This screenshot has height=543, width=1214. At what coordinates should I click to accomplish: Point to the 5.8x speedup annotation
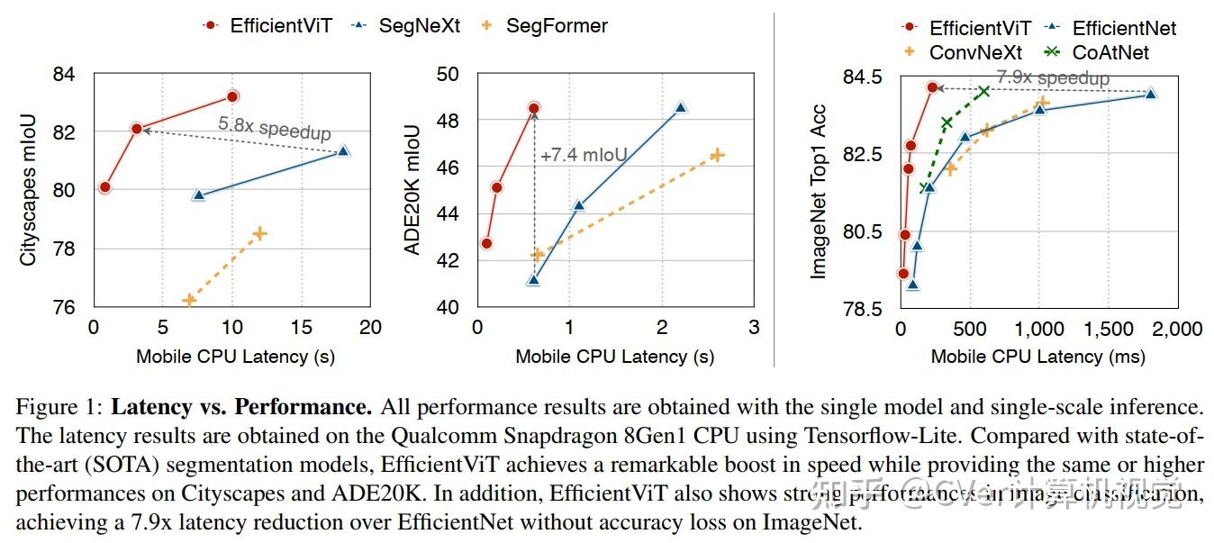tap(274, 127)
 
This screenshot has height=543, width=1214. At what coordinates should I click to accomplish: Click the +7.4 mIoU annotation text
tap(583, 156)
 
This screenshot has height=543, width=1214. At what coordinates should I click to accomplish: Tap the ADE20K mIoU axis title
tap(412, 190)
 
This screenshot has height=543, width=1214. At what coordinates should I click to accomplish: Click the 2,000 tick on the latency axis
tap(1176, 330)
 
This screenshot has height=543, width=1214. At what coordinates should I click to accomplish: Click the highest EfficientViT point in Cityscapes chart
tap(232, 95)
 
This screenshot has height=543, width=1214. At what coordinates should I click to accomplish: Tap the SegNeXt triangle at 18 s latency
tap(343, 150)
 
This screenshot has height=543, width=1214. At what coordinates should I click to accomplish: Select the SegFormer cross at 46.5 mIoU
tap(717, 155)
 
